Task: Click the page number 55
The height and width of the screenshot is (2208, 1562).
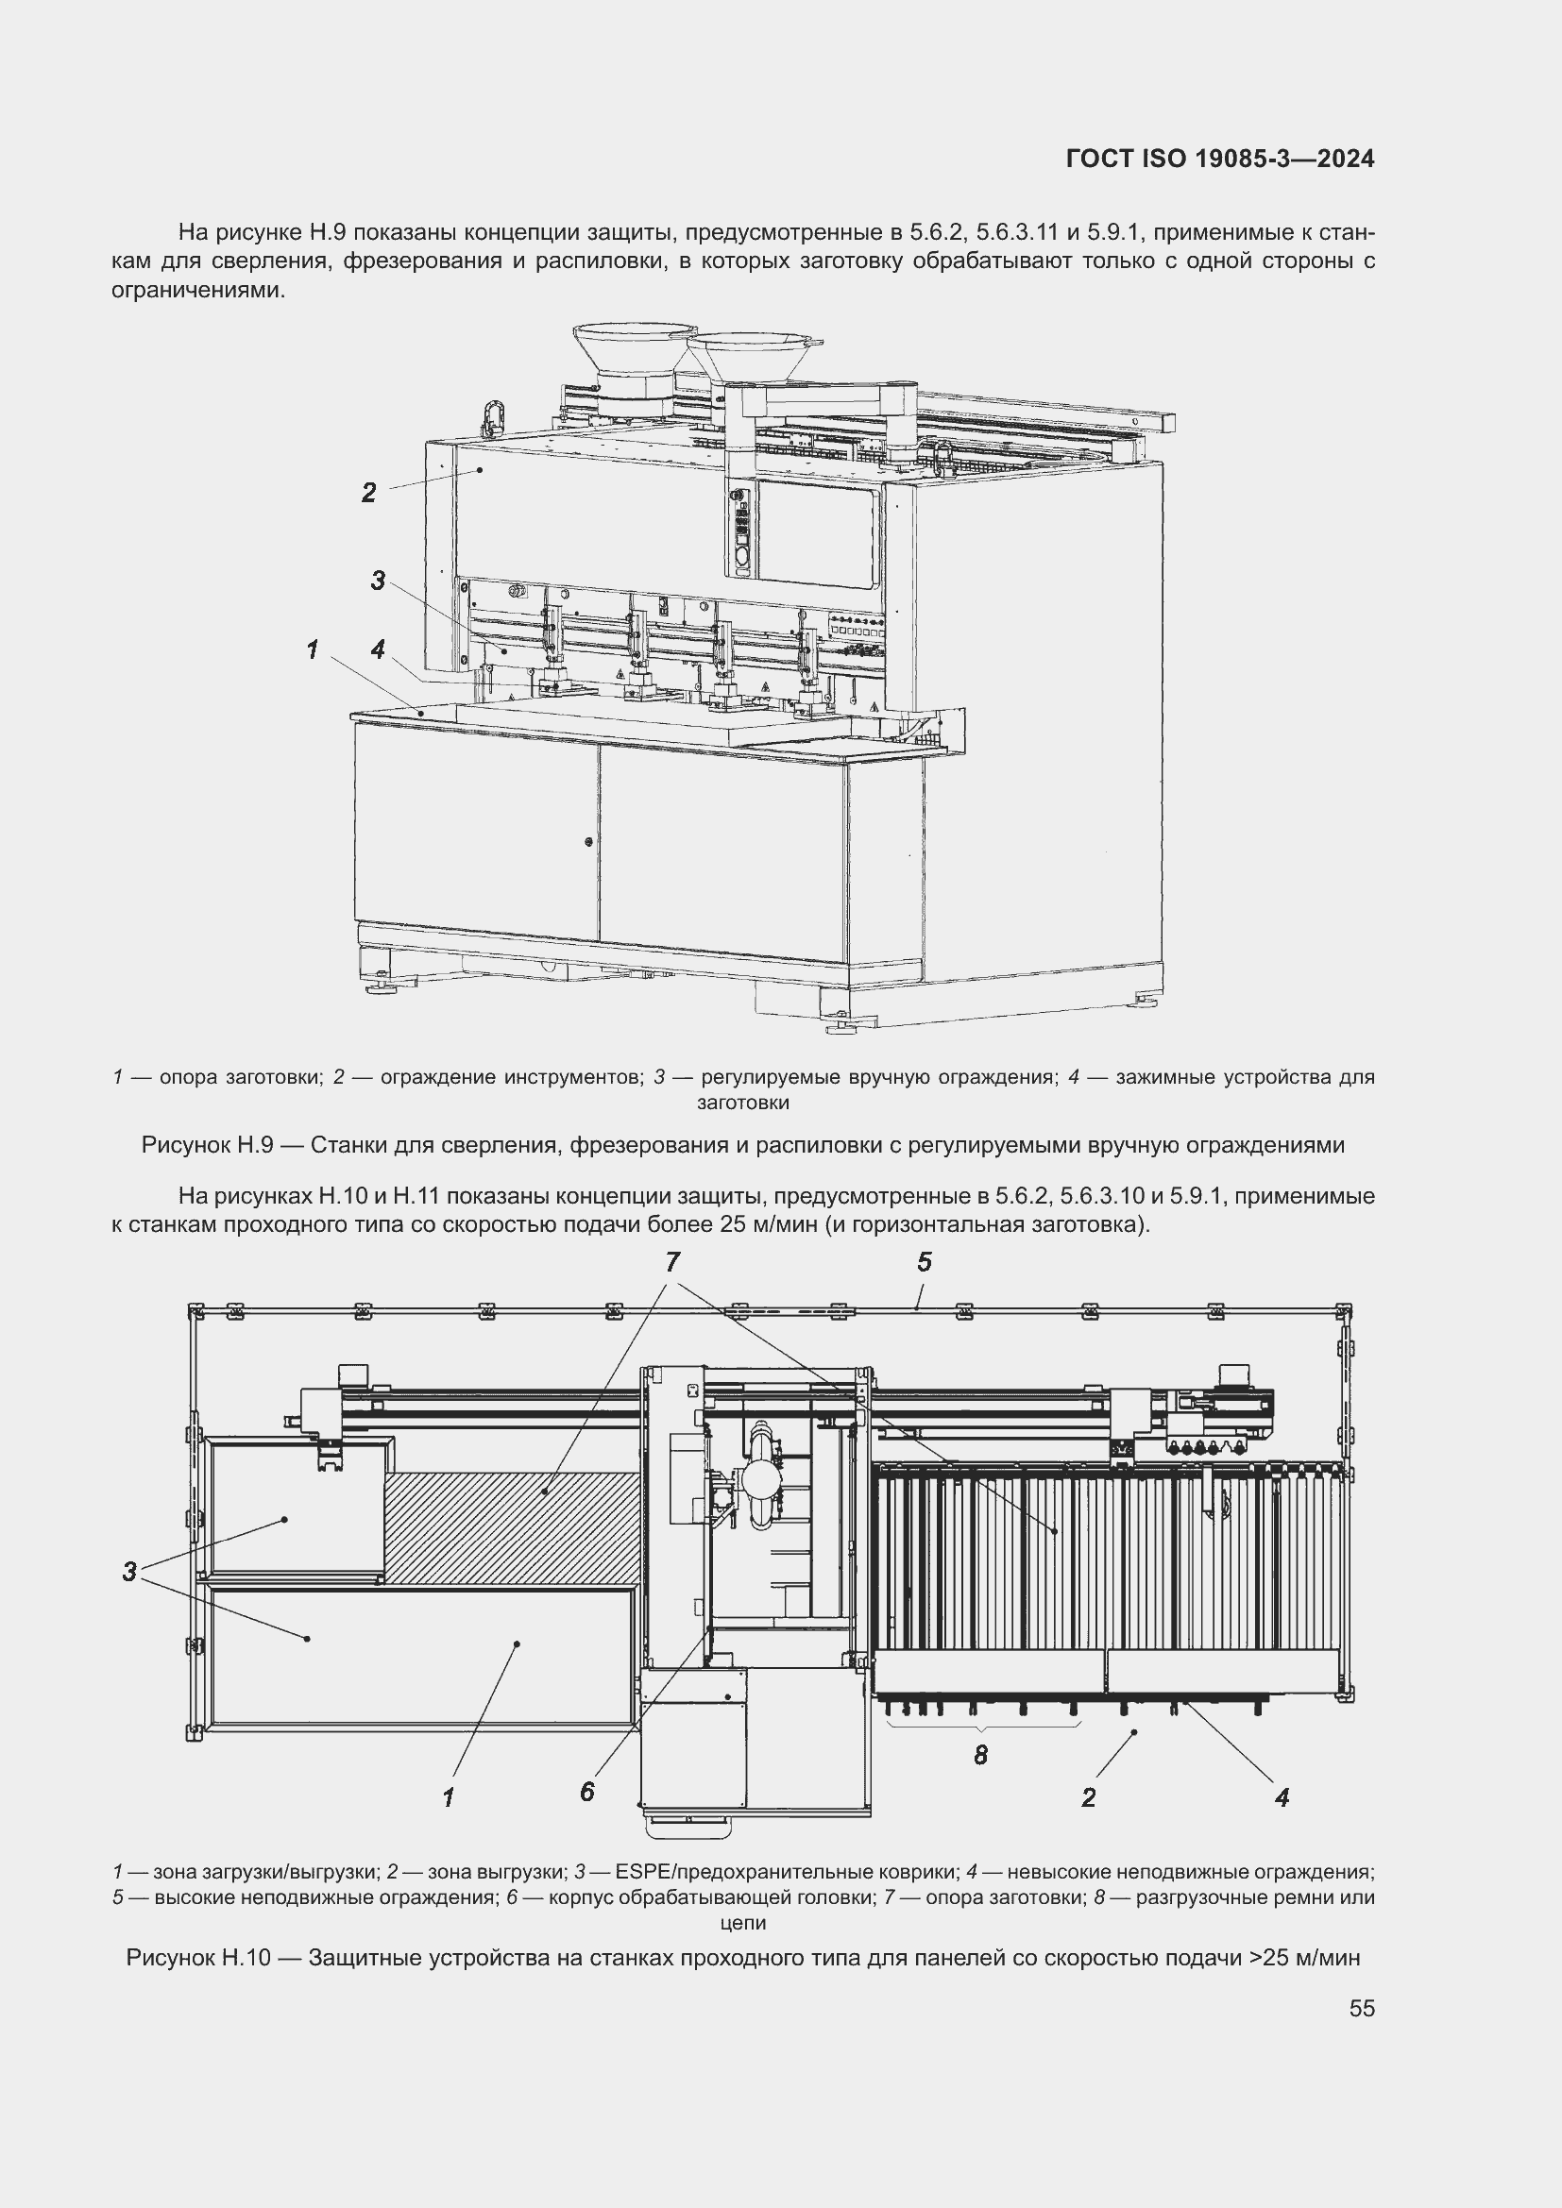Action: coord(1361,2008)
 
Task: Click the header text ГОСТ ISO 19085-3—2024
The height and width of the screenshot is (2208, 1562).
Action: coord(1219,160)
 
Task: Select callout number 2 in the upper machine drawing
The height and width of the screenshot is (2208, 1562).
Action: coord(368,494)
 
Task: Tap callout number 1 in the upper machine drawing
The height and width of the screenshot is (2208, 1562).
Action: coord(312,650)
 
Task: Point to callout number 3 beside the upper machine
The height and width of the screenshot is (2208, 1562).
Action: coord(378,581)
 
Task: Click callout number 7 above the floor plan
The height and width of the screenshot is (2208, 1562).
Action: coord(672,1262)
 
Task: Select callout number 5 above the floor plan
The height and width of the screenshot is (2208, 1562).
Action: coord(925,1262)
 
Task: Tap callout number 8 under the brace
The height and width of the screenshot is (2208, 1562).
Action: coord(980,1755)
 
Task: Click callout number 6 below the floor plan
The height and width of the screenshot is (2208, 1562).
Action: coord(586,1792)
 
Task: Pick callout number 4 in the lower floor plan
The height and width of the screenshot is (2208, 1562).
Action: coord(1282,1796)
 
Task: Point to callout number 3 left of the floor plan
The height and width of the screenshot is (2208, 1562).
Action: coord(128,1573)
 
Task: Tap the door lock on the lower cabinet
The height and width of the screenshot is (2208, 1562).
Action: coord(588,841)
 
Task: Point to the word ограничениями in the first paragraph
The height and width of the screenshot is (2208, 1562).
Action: coord(198,291)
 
